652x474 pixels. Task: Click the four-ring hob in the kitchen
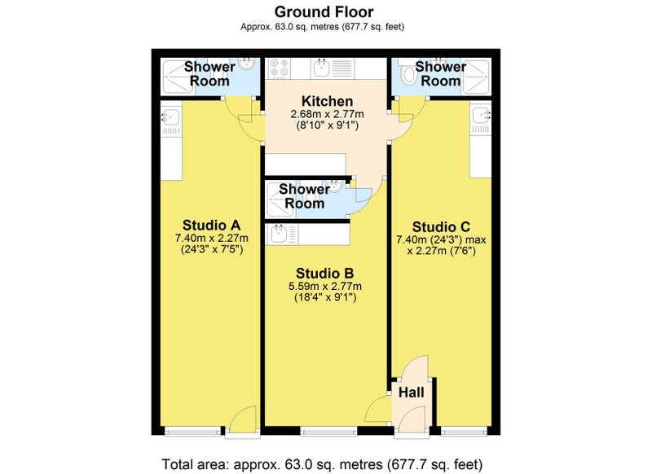pyautogui.click(x=279, y=68)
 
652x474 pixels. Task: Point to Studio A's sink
pyautogui.click(x=171, y=117)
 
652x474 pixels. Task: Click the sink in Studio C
pyautogui.click(x=481, y=115)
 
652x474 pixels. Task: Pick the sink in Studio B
pyautogui.click(x=278, y=235)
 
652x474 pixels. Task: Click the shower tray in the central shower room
pyautogui.click(x=281, y=200)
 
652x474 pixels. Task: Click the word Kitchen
pyautogui.click(x=328, y=101)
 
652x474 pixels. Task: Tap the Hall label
pyautogui.click(x=412, y=393)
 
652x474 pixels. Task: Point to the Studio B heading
pyautogui.click(x=324, y=274)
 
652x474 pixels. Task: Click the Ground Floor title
pyautogui.click(x=324, y=11)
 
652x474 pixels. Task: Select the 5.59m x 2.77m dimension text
pyautogui.click(x=324, y=286)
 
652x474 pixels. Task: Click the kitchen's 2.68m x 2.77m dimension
pyautogui.click(x=328, y=114)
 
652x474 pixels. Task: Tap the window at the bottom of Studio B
pyautogui.click(x=328, y=432)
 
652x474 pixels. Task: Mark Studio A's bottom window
pyautogui.click(x=193, y=432)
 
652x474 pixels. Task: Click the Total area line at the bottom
pyautogui.click(x=322, y=464)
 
